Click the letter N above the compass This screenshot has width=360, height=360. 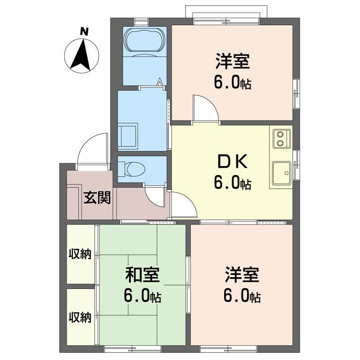click(x=83, y=31)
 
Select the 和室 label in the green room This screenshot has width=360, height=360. click(x=142, y=274)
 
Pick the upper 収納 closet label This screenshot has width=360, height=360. click(x=80, y=254)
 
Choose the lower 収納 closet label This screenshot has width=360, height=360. click(x=80, y=318)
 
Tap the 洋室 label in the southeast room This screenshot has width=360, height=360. click(x=242, y=274)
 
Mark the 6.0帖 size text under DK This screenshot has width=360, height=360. click(x=233, y=183)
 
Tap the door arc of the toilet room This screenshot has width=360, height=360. click(x=156, y=195)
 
